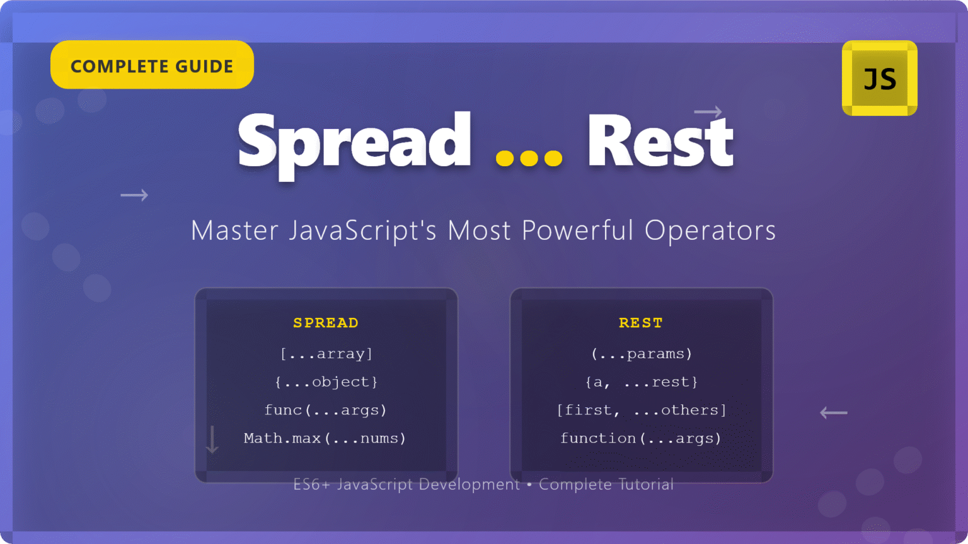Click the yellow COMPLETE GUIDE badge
click(152, 65)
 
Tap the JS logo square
click(880, 79)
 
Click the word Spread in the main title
click(354, 142)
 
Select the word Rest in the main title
click(660, 142)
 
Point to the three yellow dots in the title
click(529, 157)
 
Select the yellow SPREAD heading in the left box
click(326, 323)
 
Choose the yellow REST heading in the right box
click(641, 323)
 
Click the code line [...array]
click(326, 354)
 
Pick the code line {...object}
click(326, 382)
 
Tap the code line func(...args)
click(325, 411)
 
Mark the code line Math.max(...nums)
click(325, 438)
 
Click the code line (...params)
click(642, 354)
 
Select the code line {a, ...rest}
click(642, 382)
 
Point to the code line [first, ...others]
click(642, 411)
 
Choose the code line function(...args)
click(641, 438)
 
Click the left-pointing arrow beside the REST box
click(834, 413)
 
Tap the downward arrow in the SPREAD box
click(212, 439)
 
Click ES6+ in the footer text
click(311, 484)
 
